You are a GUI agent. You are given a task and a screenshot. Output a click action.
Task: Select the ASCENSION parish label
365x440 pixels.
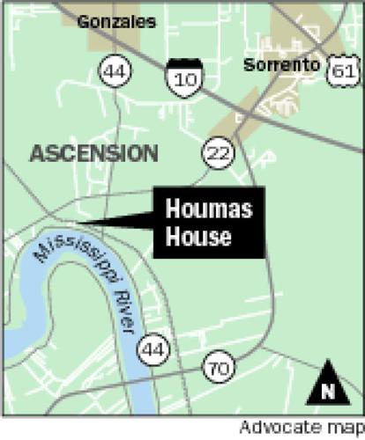point(93,153)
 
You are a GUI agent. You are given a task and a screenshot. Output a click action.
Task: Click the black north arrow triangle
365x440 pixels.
point(331,380)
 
